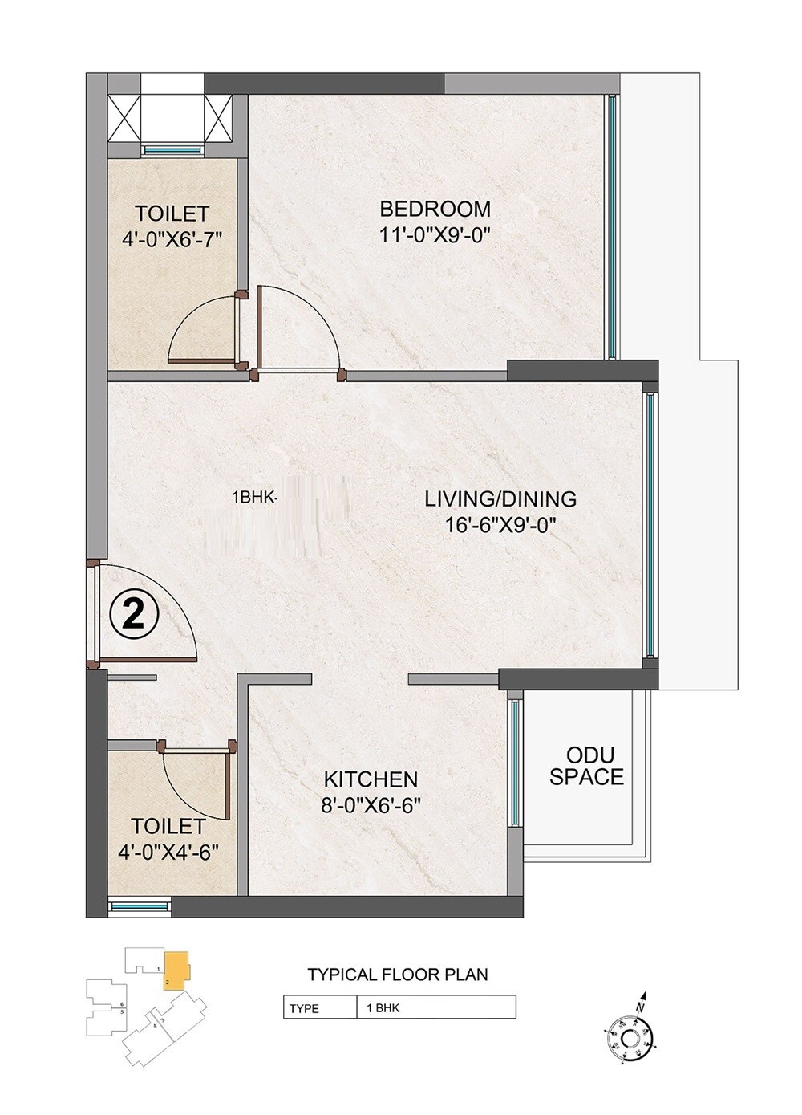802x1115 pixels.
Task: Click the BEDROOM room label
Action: pyautogui.click(x=435, y=210)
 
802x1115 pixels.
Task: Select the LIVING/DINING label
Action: pyautogui.click(x=500, y=499)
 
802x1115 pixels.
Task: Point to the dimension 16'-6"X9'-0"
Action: pyautogui.click(x=500, y=526)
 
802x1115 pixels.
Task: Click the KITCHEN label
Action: pyautogui.click(x=371, y=779)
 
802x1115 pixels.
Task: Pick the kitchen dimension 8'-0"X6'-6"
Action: pyautogui.click(x=371, y=805)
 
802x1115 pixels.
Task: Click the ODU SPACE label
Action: pyautogui.click(x=586, y=766)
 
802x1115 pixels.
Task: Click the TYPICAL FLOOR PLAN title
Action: pyautogui.click(x=398, y=975)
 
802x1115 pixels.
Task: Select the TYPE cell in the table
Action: pyautogui.click(x=305, y=1008)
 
